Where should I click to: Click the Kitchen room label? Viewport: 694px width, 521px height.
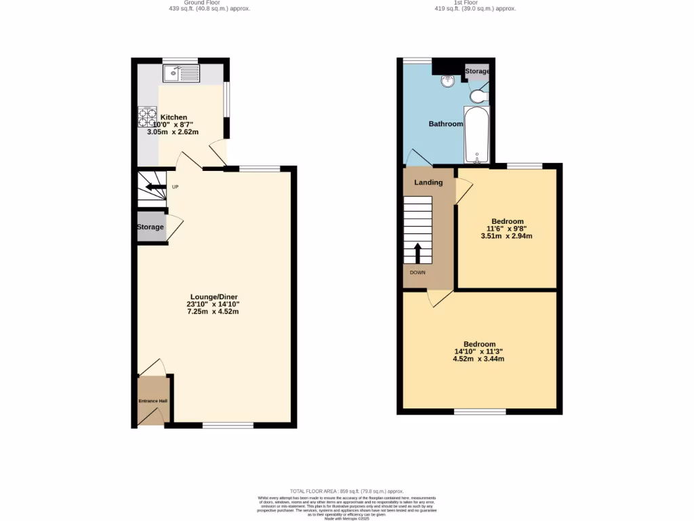click(173, 117)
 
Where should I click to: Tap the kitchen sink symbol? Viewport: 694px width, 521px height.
click(182, 72)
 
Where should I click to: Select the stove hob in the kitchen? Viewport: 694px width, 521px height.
click(147, 119)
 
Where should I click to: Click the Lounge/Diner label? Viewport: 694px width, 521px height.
click(214, 297)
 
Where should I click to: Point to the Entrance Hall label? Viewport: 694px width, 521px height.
click(152, 401)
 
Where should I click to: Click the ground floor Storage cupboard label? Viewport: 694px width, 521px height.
click(150, 227)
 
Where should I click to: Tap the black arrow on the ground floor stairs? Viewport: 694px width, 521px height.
click(155, 187)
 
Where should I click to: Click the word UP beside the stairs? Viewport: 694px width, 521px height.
click(175, 187)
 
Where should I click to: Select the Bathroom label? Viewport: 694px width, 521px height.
click(445, 124)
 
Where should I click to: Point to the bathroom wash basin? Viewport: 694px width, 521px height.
click(447, 82)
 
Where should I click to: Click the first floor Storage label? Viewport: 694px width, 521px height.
click(477, 71)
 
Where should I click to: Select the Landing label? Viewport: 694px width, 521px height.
click(428, 182)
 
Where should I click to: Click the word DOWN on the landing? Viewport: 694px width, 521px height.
click(417, 272)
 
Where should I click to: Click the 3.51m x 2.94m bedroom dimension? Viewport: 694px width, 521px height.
click(507, 237)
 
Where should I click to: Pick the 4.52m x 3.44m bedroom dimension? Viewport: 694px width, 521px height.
click(478, 359)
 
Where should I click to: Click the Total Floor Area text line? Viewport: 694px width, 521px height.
click(346, 491)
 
